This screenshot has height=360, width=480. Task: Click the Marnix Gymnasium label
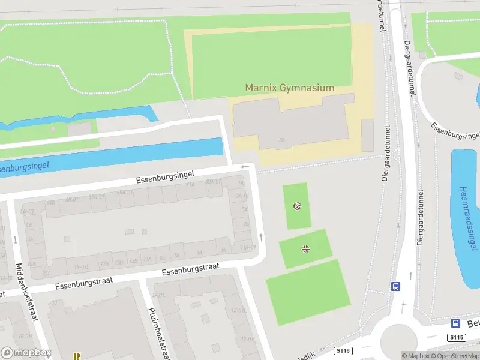coord(289,88)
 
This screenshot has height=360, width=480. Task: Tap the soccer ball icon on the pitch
coord(296,206)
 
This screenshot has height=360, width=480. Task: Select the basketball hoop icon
coord(305,249)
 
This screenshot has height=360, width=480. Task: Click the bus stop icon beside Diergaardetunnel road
coord(395,286)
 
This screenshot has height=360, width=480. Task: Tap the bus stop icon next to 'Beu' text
coord(455,322)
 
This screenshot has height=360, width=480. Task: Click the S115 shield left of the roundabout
coord(343,350)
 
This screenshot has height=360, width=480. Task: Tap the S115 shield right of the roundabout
coord(457,338)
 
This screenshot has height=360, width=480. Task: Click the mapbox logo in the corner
coord(26,352)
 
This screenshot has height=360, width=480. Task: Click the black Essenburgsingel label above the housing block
coord(165,175)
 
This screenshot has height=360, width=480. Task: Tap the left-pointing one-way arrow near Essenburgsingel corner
coord(245,167)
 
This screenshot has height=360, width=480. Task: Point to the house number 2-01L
coord(159,295)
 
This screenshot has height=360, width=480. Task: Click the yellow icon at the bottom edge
coord(77,356)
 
